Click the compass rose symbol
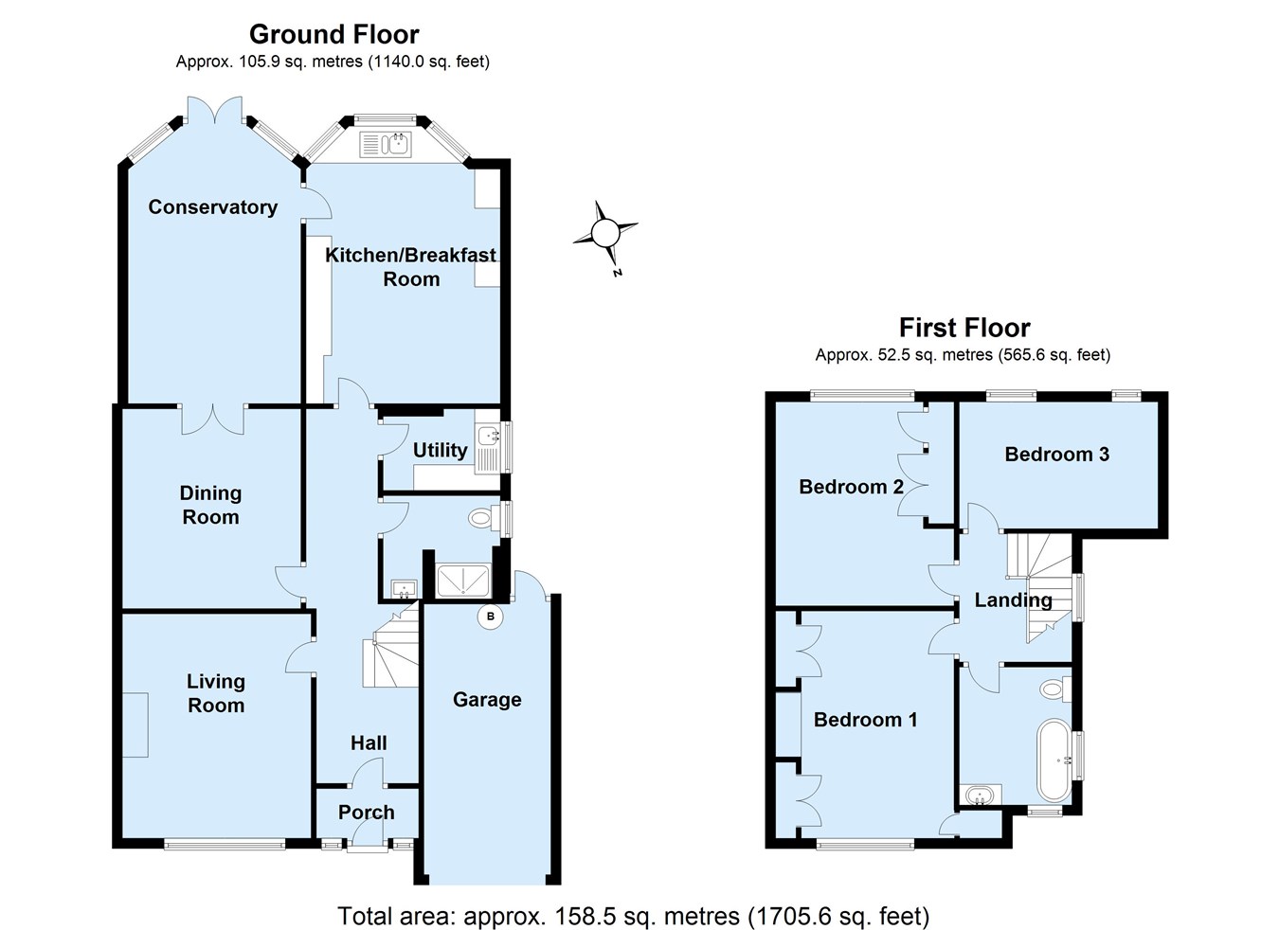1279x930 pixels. pyautogui.click(x=605, y=234)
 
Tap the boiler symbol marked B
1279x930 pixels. pyautogui.click(x=490, y=617)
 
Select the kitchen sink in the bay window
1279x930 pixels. pyautogui.click(x=386, y=145)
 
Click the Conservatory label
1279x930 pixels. pyautogui.click(x=213, y=206)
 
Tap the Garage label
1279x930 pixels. pyautogui.click(x=487, y=700)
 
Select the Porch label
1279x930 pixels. pyautogui.click(x=366, y=812)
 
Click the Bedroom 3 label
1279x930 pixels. pyautogui.click(x=1057, y=454)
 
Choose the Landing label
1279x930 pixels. pyautogui.click(x=1013, y=600)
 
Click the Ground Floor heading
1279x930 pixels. pyautogui.click(x=334, y=34)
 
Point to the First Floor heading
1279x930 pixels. pyautogui.click(x=964, y=328)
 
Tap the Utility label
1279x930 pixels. pyautogui.click(x=440, y=451)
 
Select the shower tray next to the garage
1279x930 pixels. pyautogui.click(x=463, y=581)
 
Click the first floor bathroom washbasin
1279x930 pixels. pyautogui.click(x=980, y=795)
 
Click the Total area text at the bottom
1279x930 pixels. pyautogui.click(x=634, y=916)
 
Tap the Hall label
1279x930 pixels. pyautogui.click(x=369, y=742)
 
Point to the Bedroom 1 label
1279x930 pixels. pyautogui.click(x=865, y=720)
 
